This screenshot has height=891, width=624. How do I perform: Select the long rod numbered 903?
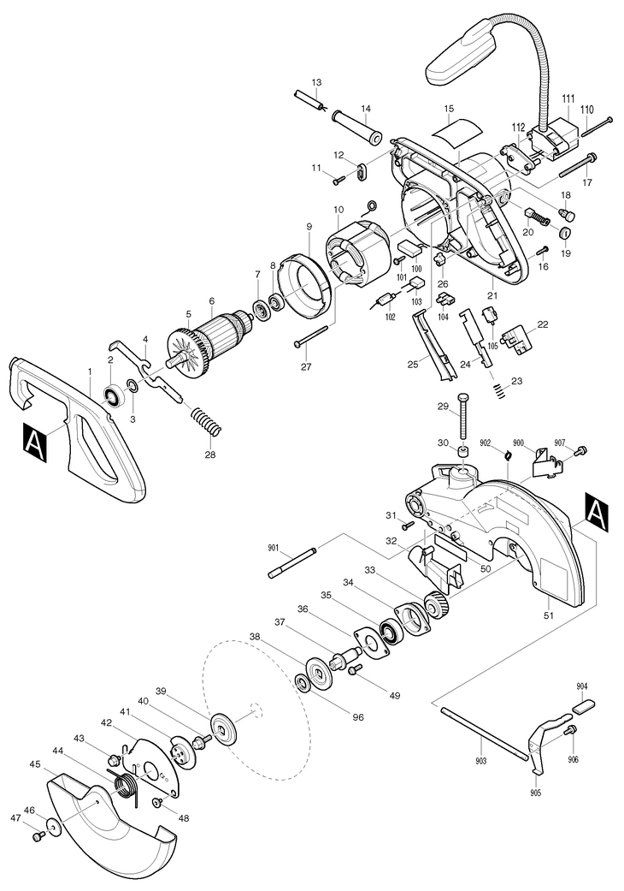[485, 732]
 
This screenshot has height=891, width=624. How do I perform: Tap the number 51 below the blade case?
[549, 615]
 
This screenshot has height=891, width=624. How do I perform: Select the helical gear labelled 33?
[436, 604]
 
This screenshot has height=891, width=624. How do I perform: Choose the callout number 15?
[450, 108]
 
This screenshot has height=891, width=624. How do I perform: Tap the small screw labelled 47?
[39, 836]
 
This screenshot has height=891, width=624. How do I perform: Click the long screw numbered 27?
[311, 336]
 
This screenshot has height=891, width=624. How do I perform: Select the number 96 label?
[357, 717]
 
